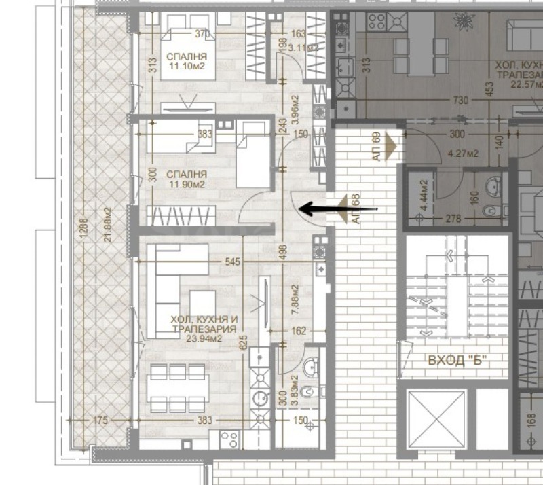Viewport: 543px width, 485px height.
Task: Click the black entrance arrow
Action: [x=322, y=209]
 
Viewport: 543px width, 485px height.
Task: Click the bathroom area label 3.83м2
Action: [x=295, y=389]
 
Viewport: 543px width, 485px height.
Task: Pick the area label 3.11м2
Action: [x=299, y=48]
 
